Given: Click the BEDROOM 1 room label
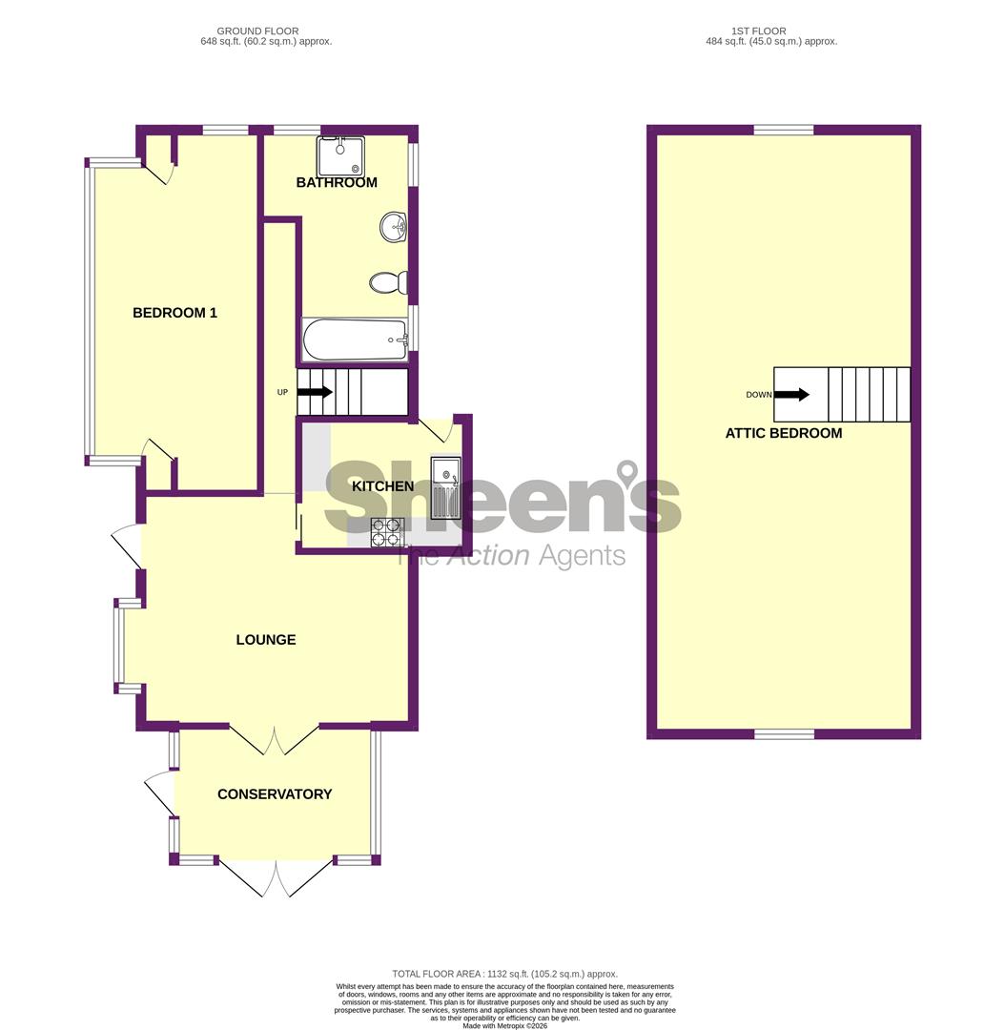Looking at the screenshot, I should [x=174, y=313].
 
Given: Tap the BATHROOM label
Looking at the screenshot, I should [x=337, y=182].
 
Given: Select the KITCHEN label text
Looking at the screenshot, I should [x=382, y=486].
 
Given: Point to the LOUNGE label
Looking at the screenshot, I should [x=266, y=640].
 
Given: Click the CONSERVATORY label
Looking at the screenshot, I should [x=275, y=794].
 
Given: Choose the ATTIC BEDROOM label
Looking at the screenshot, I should [x=784, y=433].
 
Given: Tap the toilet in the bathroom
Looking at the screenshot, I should [x=389, y=282].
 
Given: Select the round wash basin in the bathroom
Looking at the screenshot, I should [x=394, y=227].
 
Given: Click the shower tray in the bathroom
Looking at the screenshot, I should [x=340, y=156].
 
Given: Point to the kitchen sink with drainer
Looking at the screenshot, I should [x=445, y=488].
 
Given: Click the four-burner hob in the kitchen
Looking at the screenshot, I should [x=386, y=532].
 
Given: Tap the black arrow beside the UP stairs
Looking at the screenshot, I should [x=315, y=392].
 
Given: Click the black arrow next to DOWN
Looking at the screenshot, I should [x=791, y=394].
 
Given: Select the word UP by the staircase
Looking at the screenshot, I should [x=282, y=392].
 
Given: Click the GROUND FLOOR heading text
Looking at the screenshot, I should [x=257, y=31].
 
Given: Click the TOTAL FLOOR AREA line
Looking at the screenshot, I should [x=504, y=974].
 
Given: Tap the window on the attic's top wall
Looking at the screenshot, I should [x=784, y=130].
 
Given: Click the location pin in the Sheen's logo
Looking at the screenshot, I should [x=626, y=472].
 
